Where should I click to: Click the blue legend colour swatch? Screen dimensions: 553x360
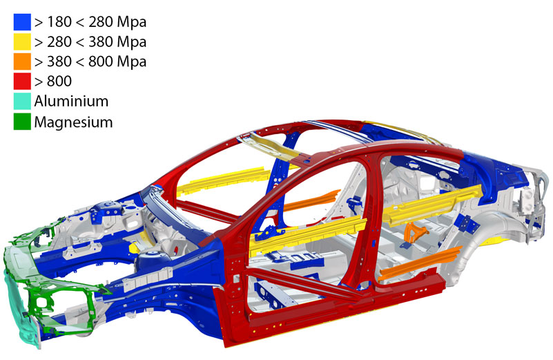pos(22,22)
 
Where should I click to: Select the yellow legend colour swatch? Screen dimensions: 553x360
pos(22,41)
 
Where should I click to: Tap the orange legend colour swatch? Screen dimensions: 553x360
pos(22,61)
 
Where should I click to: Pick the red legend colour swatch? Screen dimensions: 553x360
pos(22,81)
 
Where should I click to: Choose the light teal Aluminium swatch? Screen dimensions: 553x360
pos(22,102)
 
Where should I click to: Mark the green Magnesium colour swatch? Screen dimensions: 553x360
pos(22,122)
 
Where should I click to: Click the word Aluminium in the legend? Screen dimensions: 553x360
pos(71,102)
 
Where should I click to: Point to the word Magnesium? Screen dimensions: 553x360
pos(73,122)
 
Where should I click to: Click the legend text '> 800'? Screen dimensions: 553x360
pos(53,82)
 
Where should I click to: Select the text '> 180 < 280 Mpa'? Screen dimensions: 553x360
pos(90,22)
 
